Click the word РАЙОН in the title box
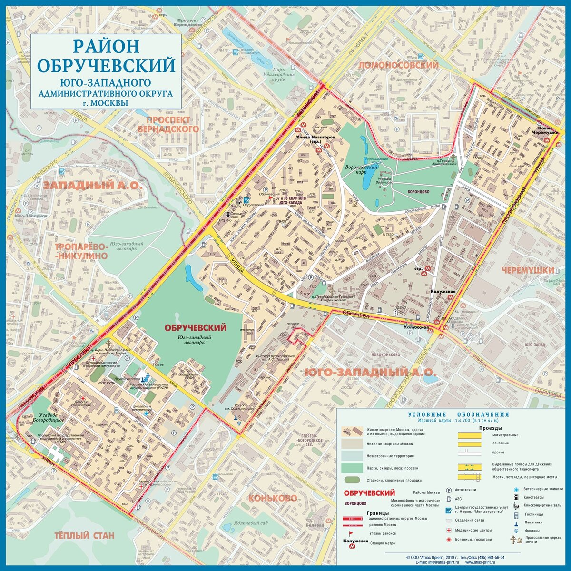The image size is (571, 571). (x=106, y=47)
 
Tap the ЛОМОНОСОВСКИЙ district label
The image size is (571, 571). (x=398, y=65)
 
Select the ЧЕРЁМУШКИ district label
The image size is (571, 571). (x=527, y=270)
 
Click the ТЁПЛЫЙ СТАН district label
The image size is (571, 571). (x=84, y=535)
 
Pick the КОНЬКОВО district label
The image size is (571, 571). (x=272, y=498)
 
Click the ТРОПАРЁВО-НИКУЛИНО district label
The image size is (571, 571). (x=81, y=251)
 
